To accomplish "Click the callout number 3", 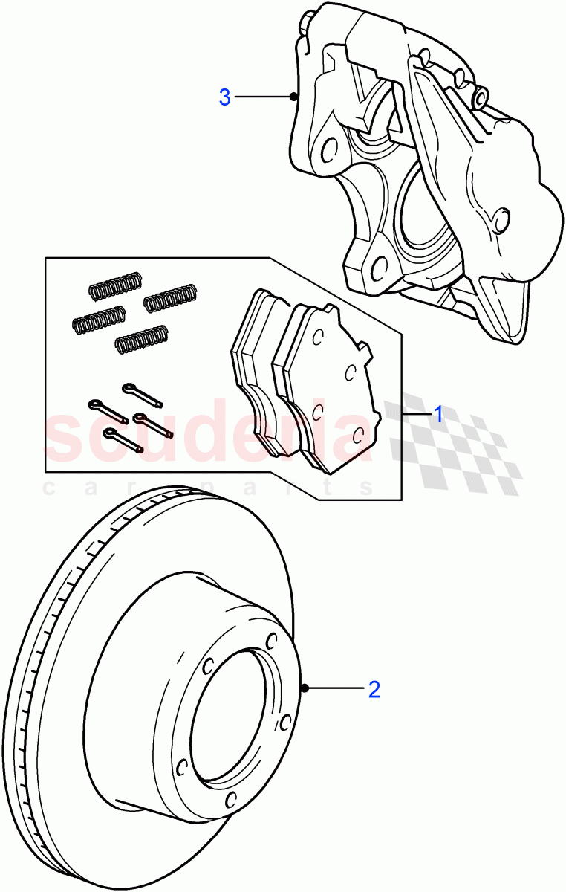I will (x=225, y=97).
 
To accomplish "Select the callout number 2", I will (x=374, y=689).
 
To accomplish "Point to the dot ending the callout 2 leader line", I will (x=305, y=689).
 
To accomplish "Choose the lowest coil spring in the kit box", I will (x=140, y=340).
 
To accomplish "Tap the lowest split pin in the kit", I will (x=123, y=439).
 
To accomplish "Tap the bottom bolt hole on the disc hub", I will (x=230, y=799).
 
